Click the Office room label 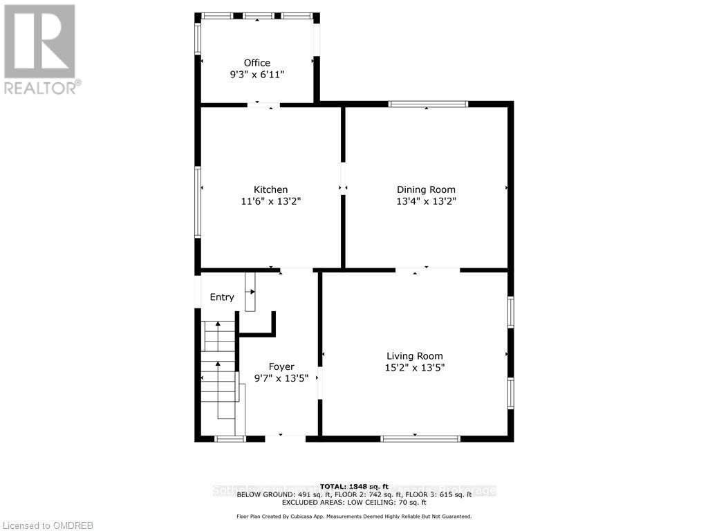click(x=257, y=63)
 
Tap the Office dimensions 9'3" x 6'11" click(x=257, y=75)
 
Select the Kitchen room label click(x=270, y=189)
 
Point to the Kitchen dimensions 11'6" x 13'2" click(x=270, y=201)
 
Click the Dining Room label click(x=426, y=189)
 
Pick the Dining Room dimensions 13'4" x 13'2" click(x=426, y=201)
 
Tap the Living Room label click(x=415, y=356)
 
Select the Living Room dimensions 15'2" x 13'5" click(x=415, y=368)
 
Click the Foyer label click(x=281, y=366)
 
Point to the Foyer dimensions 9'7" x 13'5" click(x=281, y=378)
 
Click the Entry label click(x=222, y=297)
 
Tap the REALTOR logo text click(x=41, y=88)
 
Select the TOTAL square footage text click(x=354, y=486)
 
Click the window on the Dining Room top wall click(x=428, y=104)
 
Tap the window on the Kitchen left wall click(x=198, y=203)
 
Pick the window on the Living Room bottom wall click(x=420, y=438)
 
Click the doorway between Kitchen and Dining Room click(x=342, y=187)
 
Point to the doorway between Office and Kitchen click(x=263, y=105)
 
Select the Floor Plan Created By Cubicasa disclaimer click(x=354, y=516)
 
